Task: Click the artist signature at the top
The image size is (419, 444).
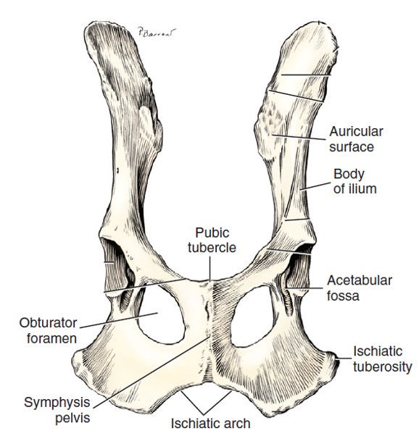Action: pyautogui.click(x=157, y=32)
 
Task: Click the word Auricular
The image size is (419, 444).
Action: pyautogui.click(x=356, y=132)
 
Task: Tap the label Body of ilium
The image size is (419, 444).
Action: pyautogui.click(x=354, y=182)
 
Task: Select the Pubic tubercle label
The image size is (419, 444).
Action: pyautogui.click(x=212, y=240)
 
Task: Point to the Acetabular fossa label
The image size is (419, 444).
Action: pyautogui.click(x=360, y=288)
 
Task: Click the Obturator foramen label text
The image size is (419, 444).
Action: pyautogui.click(x=48, y=330)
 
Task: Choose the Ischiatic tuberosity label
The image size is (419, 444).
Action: pyautogui.click(x=383, y=359)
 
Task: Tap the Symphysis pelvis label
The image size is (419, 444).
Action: pyautogui.click(x=57, y=410)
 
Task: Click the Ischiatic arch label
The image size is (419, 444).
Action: pyautogui.click(x=211, y=424)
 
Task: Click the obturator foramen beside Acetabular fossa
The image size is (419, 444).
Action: pyautogui.click(x=252, y=317)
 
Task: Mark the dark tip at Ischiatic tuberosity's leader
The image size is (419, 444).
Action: pyautogui.click(x=336, y=362)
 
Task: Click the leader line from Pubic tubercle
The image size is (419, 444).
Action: pyautogui.click(x=209, y=269)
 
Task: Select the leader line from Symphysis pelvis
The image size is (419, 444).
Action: pyautogui.click(x=152, y=372)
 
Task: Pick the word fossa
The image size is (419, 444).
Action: pyautogui.click(x=343, y=296)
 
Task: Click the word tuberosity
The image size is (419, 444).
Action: pyautogui.click(x=383, y=367)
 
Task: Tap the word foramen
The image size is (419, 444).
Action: pyautogui.click(x=52, y=338)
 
